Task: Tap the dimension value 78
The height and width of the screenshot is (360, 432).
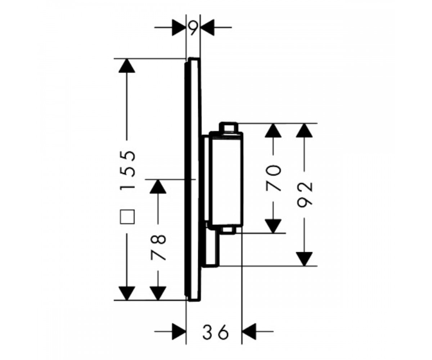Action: coord(158,247)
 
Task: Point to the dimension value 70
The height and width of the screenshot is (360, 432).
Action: coord(274,178)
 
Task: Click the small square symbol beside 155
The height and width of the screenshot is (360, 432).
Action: coord(127,217)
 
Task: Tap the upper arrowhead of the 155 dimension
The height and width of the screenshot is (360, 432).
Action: coord(127,66)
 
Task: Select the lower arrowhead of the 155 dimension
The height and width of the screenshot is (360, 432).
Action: coord(127,293)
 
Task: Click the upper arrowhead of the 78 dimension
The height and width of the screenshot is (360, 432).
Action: coord(158,186)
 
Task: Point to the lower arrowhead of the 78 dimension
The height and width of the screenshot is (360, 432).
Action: coord(158,293)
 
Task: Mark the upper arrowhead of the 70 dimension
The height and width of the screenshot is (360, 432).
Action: coord(273,130)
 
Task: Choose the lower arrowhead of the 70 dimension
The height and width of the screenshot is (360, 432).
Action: coord(273,226)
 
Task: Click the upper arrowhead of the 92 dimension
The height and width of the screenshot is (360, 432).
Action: coord(304,130)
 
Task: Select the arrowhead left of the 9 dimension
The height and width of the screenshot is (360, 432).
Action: coord(179,27)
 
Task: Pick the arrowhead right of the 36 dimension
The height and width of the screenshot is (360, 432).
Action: coord(249,332)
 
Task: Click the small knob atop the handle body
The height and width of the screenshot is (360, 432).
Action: coord(229,127)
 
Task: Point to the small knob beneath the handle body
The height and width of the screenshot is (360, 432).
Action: coord(229,230)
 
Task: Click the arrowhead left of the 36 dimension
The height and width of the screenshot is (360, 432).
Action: coord(179,332)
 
